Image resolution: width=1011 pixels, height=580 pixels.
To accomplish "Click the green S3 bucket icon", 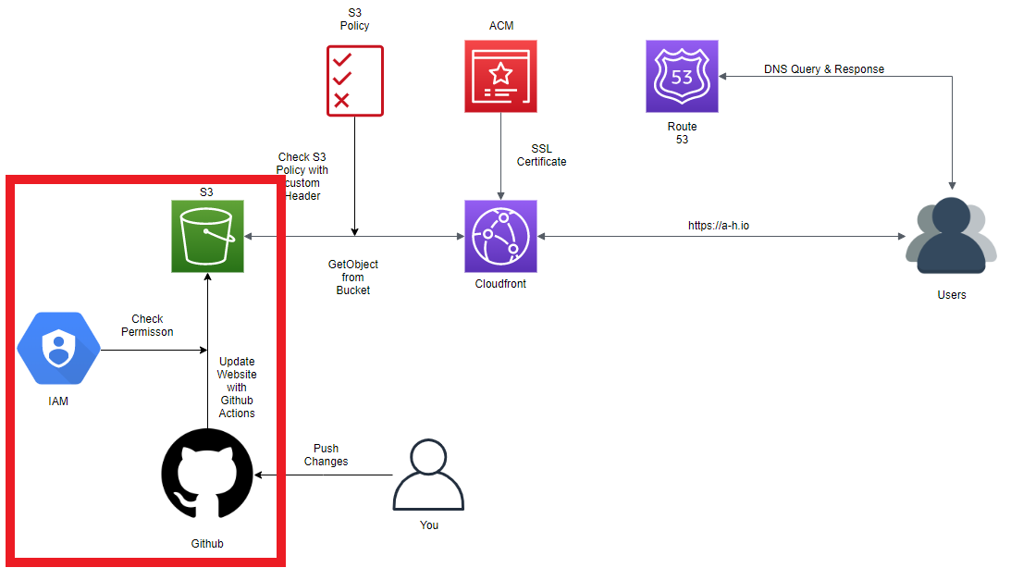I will point(207,236).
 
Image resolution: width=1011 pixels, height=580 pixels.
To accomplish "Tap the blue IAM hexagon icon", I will point(58,350).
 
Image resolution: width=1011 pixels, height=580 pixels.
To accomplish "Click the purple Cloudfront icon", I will point(500,236).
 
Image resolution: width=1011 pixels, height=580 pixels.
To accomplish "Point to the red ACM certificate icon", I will point(500,76).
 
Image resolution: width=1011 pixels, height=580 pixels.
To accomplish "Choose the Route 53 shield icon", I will point(682,76).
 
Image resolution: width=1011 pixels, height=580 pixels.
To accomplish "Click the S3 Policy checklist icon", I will point(354,79).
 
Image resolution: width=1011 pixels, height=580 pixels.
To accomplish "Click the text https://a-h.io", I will point(719,225).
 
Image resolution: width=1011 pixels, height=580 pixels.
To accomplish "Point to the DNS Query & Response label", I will point(823,69).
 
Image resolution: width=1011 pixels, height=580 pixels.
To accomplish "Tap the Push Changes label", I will point(326,455).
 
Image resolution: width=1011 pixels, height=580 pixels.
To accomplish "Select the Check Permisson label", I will point(147,326).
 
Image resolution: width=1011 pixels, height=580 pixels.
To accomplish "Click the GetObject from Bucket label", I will point(352,278).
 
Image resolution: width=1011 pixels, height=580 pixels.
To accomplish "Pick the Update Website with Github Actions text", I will point(237,387).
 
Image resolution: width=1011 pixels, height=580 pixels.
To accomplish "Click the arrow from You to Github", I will point(324,475).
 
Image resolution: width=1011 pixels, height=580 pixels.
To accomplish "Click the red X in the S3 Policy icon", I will point(341,100).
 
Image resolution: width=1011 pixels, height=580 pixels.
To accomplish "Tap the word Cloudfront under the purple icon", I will point(499,284).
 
